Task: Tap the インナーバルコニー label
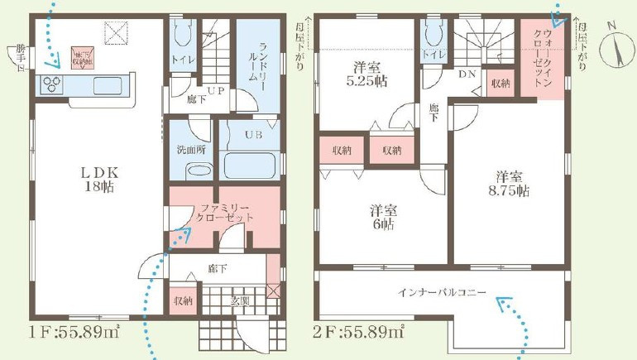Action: click(441, 291)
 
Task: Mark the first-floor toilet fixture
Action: click(184, 33)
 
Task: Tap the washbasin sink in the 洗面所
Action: click(198, 170)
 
